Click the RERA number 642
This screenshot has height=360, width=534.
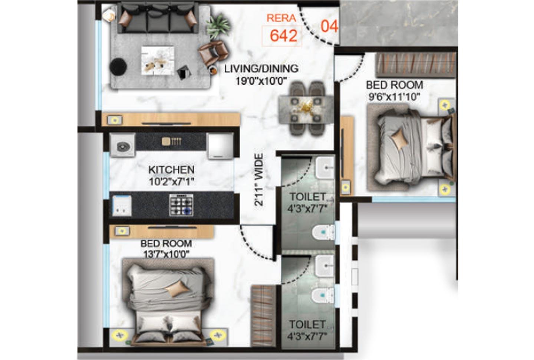click(283, 36)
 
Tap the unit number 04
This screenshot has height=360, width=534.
click(329, 26)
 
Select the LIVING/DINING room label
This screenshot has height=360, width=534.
click(261, 69)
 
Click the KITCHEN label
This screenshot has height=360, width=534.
click(171, 170)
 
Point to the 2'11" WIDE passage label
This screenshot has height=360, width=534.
click(259, 180)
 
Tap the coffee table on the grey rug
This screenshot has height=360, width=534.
click(158, 60)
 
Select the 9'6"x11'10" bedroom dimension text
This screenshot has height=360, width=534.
click(394, 97)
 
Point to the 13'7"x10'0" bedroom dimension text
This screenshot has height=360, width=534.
click(166, 254)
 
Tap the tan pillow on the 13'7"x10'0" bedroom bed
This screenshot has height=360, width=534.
click(177, 288)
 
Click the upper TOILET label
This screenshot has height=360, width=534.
click(307, 197)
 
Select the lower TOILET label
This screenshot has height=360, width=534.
click(307, 325)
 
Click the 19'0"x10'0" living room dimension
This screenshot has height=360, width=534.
click(261, 81)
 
